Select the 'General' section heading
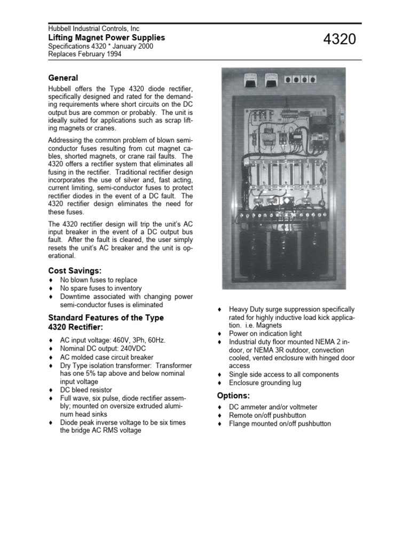[x=63, y=78]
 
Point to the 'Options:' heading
[x=233, y=395]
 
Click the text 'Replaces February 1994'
[x=84, y=54]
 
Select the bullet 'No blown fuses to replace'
[x=98, y=280]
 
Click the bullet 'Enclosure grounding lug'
[x=265, y=383]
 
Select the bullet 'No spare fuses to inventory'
[x=101, y=288]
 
